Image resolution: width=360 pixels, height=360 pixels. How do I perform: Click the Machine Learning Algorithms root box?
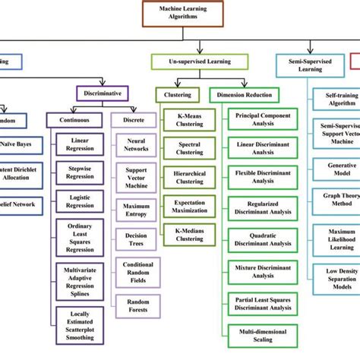coord(180,12)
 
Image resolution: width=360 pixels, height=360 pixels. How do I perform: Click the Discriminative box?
coord(103,93)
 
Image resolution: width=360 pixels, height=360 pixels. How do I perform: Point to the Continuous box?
coord(74,120)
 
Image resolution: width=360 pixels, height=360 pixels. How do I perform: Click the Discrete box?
coord(133,120)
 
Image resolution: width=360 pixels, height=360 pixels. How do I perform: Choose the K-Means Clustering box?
coord(184,119)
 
